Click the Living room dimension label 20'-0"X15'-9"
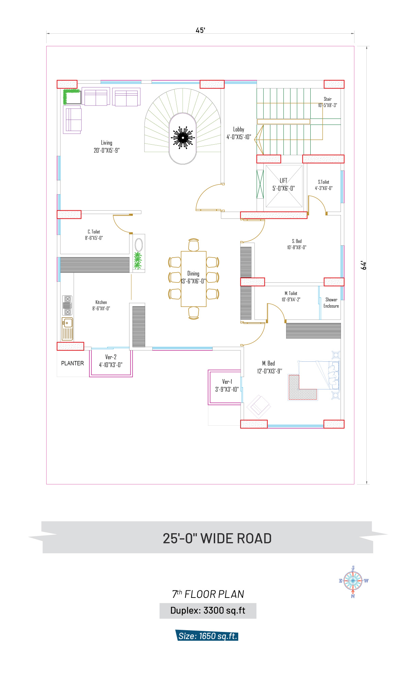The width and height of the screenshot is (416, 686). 107,150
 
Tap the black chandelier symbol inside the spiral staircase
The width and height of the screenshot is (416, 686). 183,137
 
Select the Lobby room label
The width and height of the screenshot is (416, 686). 239,129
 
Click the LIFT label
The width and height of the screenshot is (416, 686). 283,180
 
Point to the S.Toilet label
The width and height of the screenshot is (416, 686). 324,182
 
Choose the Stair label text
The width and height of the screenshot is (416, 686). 328,99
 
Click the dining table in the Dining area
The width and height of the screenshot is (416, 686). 194,279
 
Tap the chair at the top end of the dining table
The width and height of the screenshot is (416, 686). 194,245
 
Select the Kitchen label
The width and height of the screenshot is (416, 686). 101,302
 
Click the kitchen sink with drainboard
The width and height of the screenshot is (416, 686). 67,329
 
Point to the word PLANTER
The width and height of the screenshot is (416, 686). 72,363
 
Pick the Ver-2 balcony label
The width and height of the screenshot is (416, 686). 111,357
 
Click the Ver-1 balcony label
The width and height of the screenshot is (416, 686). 227,381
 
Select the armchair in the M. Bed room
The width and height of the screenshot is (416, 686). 259,407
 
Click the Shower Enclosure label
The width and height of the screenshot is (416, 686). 331,303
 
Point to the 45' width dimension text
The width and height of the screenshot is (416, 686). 201,30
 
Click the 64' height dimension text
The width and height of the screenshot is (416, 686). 364,265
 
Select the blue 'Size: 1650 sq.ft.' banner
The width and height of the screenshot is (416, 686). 207,635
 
